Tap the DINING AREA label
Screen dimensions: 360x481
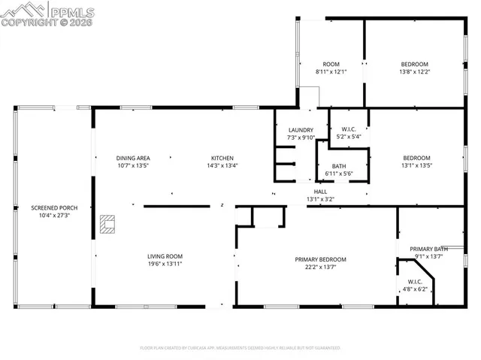(133, 158)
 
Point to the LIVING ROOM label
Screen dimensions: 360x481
(165, 256)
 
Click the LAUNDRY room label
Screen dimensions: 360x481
(300, 130)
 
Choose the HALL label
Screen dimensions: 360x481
(320, 192)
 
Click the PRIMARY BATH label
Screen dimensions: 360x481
(428, 249)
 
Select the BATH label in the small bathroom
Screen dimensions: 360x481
(338, 166)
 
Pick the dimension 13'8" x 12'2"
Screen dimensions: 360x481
(414, 72)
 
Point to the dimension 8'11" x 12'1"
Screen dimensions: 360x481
(331, 72)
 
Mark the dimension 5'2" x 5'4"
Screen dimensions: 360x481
(347, 137)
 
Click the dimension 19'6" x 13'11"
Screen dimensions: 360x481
(165, 264)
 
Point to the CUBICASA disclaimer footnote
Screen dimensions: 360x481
(240, 348)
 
